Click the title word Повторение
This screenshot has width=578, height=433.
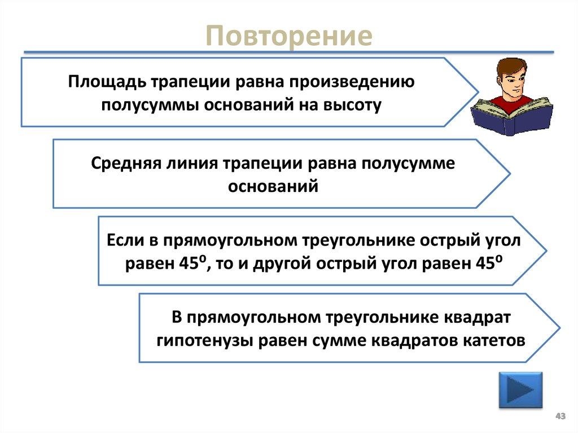(289, 36)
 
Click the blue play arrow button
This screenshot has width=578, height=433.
(520, 390)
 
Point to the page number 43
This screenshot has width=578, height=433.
(560, 416)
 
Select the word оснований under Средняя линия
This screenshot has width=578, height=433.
(273, 186)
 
